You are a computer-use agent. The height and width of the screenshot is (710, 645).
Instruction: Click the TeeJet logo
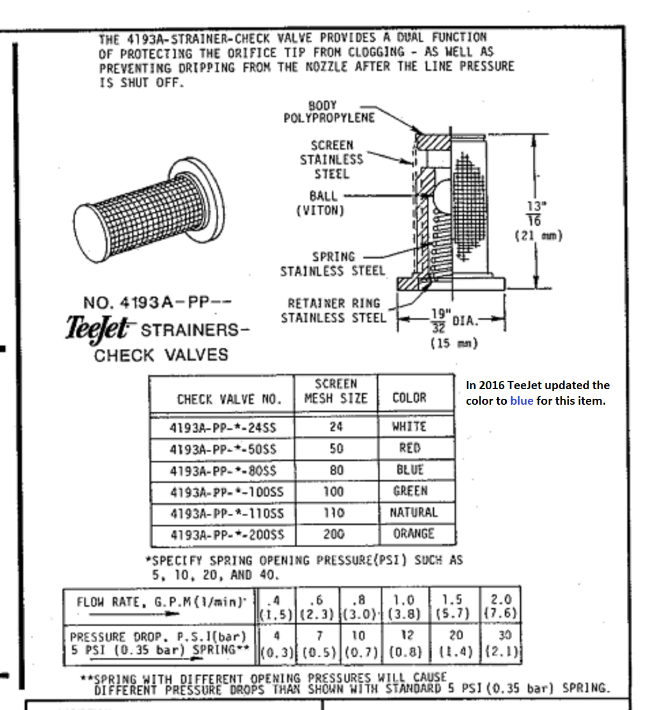pyautogui.click(x=97, y=328)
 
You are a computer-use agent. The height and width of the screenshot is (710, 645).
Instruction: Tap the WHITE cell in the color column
pyautogui.click(x=409, y=427)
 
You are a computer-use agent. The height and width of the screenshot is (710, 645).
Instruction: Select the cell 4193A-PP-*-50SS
pyautogui.click(x=223, y=449)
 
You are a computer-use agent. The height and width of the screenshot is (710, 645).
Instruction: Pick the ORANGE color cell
pyautogui.click(x=413, y=534)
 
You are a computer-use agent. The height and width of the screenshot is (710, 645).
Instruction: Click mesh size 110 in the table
pyautogui.click(x=334, y=513)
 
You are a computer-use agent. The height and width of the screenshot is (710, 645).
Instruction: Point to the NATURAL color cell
pyautogui.click(x=413, y=512)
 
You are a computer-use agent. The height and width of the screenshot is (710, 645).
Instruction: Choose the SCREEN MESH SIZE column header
pyautogui.click(x=336, y=391)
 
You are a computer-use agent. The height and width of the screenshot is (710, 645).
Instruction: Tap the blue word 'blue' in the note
pyautogui.click(x=521, y=401)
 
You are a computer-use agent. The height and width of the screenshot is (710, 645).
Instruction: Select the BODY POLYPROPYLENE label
pyautogui.click(x=329, y=112)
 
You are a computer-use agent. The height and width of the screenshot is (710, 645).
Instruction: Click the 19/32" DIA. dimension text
pyautogui.click(x=453, y=321)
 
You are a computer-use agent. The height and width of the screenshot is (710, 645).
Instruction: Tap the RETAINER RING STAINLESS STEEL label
pyautogui.click(x=333, y=311)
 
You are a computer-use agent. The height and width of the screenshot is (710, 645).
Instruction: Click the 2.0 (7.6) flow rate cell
pyautogui.click(x=500, y=606)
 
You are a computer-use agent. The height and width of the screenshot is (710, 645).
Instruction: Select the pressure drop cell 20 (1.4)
pyautogui.click(x=456, y=643)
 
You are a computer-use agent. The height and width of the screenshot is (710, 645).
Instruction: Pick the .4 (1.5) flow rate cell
pyautogui.click(x=276, y=606)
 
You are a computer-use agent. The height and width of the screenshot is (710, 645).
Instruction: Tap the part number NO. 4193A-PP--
pyautogui.click(x=157, y=303)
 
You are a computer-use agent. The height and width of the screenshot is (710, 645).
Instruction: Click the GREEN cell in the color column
pyautogui.click(x=411, y=491)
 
